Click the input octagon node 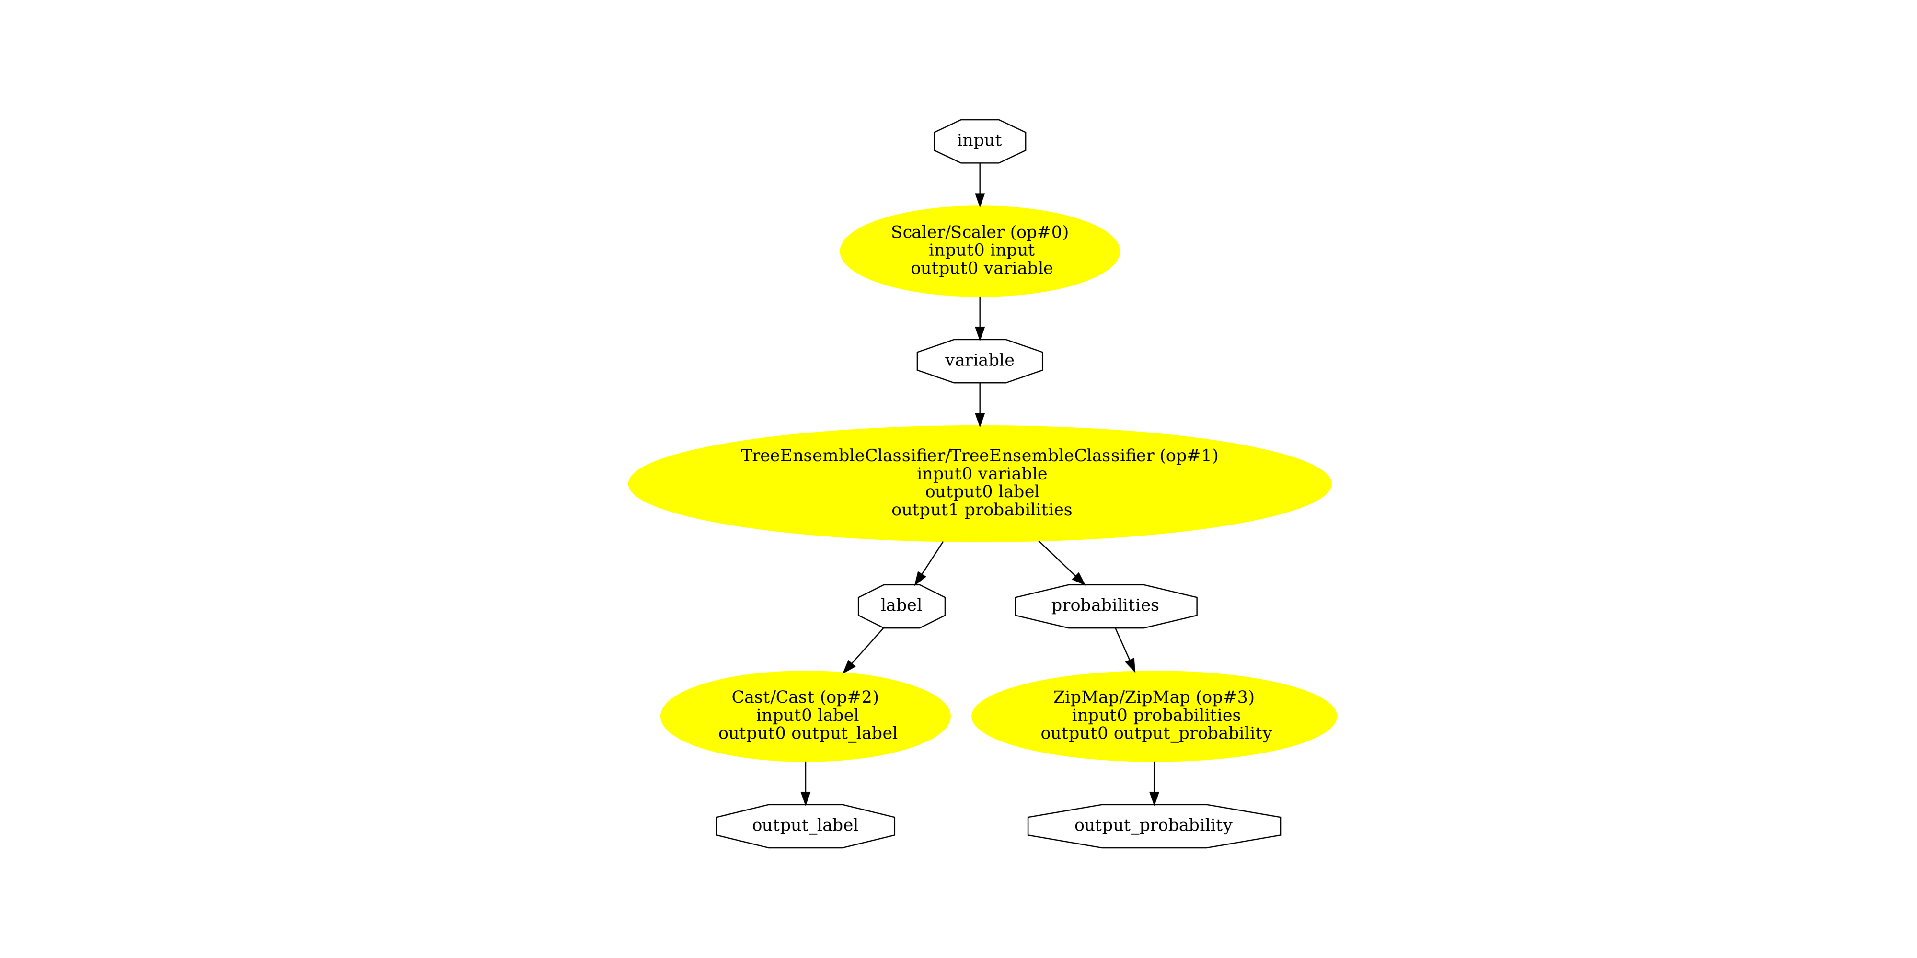(979, 140)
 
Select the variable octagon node (979, 361)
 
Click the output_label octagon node (805, 826)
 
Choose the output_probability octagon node (1154, 826)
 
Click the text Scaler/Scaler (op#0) (979, 232)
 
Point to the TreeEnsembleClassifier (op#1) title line (979, 456)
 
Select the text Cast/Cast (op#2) (805, 697)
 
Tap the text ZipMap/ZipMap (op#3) (1154, 697)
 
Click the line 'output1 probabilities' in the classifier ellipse (982, 510)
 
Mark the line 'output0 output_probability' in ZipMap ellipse (1155, 733)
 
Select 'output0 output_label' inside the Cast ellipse (808, 733)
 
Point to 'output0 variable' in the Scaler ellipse (982, 269)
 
